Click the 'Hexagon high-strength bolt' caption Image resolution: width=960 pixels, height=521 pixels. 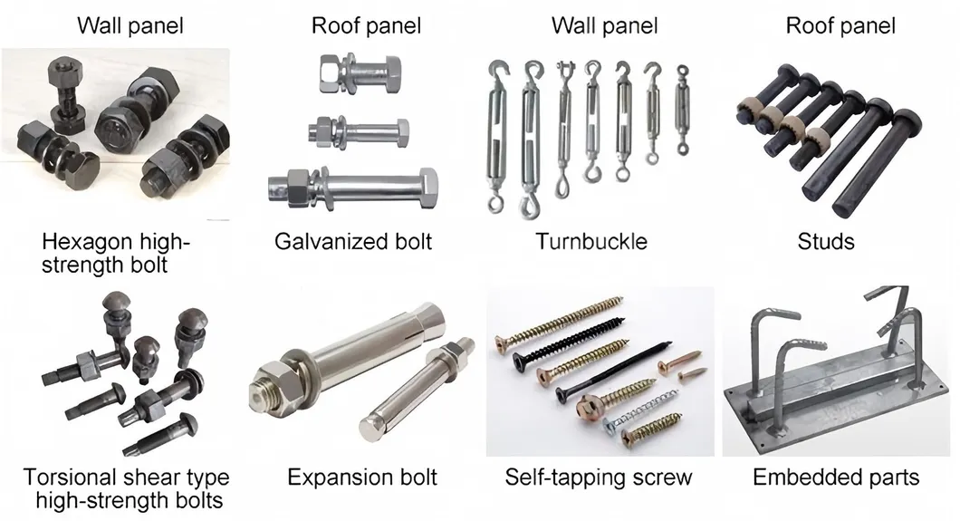click(x=117, y=253)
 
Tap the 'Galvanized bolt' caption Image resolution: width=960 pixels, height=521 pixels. click(x=353, y=241)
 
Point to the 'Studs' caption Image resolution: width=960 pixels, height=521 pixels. click(x=825, y=241)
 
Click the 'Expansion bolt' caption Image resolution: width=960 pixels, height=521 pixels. click(x=361, y=477)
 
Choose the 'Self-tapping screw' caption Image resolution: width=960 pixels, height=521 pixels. click(x=598, y=477)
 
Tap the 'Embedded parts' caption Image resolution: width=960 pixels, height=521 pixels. click(x=836, y=477)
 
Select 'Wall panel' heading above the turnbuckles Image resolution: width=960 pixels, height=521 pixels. click(x=605, y=24)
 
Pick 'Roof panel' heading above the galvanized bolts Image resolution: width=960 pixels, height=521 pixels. click(x=366, y=24)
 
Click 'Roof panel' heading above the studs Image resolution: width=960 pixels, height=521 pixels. click(x=840, y=24)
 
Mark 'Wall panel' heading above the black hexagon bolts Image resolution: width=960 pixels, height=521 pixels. click(x=130, y=24)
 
